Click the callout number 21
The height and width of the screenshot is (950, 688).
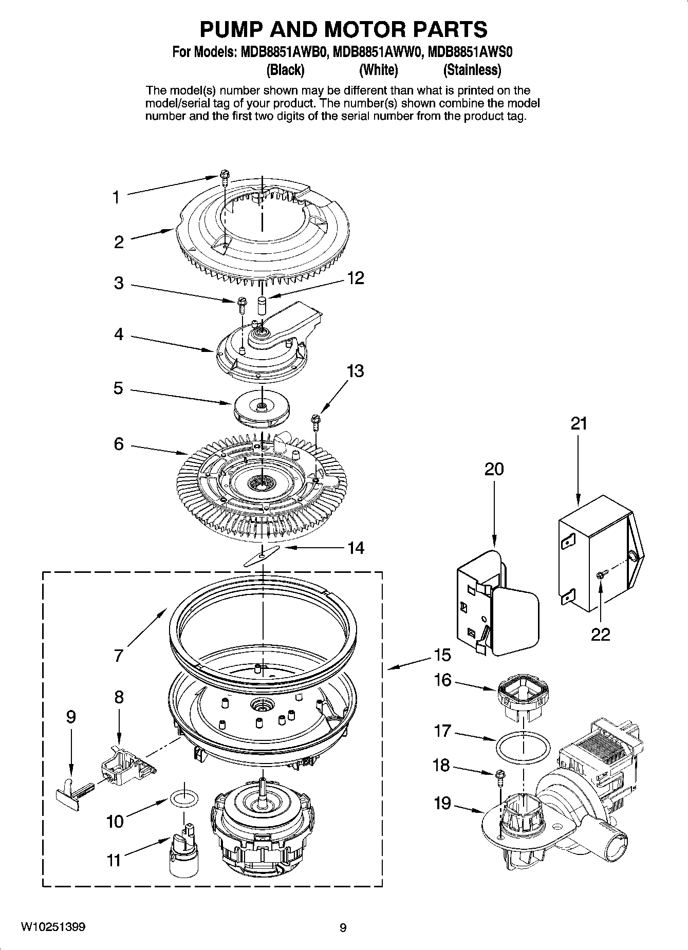(579, 424)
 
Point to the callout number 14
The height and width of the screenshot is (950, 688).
(356, 548)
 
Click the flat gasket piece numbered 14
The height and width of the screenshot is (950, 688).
(262, 555)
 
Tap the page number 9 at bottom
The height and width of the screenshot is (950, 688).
(343, 928)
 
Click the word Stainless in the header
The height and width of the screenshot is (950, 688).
(472, 69)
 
